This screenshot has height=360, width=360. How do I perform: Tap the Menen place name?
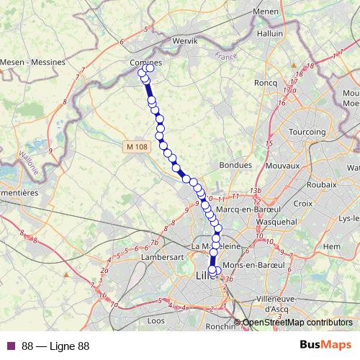coord(266,12)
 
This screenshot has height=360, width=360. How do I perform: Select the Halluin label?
coord(270,33)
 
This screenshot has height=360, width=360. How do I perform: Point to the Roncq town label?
coord(266,83)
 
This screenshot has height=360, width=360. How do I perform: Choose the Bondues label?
coord(233,165)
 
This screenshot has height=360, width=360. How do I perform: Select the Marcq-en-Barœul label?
coord(249,210)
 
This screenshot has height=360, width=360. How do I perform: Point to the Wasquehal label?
coord(276,222)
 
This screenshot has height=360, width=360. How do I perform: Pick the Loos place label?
coord(156,320)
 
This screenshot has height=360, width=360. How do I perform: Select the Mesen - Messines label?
coord(35,62)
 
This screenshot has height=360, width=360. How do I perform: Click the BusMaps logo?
coord(325,346)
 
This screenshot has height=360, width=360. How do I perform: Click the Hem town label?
coord(332,246)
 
